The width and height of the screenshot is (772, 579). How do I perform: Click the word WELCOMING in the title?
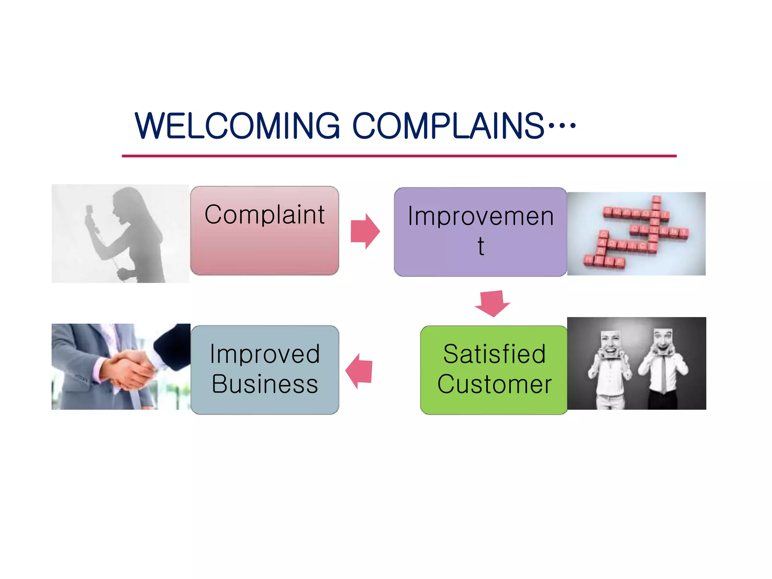[237, 126]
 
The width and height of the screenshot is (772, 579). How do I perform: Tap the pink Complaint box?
[265, 231]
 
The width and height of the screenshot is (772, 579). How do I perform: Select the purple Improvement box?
[480, 232]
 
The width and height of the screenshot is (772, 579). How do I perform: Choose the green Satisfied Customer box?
[494, 370]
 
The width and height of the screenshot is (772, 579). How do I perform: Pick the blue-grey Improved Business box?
[265, 370]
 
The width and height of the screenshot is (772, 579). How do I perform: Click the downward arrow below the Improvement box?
[492, 303]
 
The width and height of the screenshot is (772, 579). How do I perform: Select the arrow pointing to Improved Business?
[359, 371]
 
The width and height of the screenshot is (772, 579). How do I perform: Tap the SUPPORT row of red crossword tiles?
[635, 213]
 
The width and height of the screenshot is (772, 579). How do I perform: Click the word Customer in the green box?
[494, 384]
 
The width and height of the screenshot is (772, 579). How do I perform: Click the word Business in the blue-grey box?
[265, 384]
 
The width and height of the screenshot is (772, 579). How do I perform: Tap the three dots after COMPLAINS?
[562, 126]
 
